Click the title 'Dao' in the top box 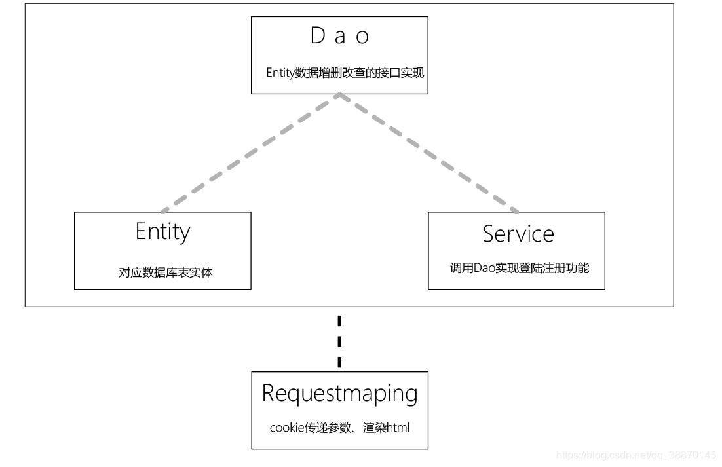(339, 36)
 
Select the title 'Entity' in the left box (162, 232)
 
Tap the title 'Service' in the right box (518, 234)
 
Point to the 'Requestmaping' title (339, 393)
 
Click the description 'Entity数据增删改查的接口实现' (345, 73)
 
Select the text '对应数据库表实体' (166, 272)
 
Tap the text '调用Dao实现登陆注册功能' (519, 267)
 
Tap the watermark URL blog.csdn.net (635, 455)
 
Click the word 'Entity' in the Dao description (280, 73)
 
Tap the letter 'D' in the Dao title (318, 36)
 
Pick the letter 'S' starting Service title (489, 234)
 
